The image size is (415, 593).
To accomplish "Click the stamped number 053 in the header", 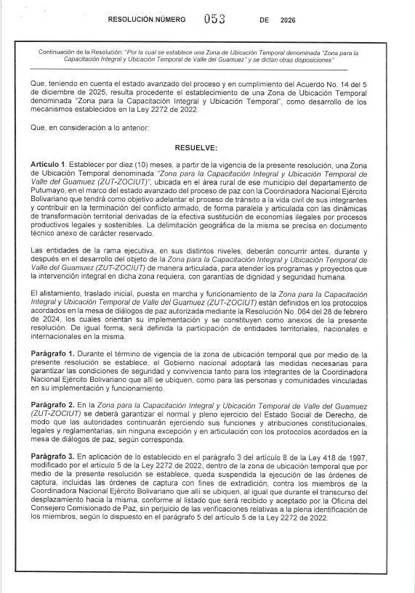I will [x=215, y=20].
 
